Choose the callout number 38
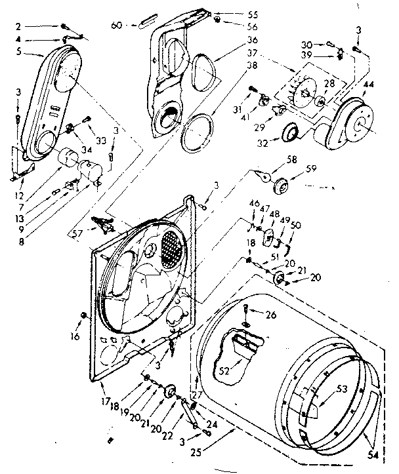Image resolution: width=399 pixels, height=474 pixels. pos(234,66)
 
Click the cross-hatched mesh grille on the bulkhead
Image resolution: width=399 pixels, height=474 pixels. pos(174,248)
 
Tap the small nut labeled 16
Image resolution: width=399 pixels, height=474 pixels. pos(84,316)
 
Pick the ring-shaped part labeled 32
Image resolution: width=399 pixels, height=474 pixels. pos(289,135)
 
